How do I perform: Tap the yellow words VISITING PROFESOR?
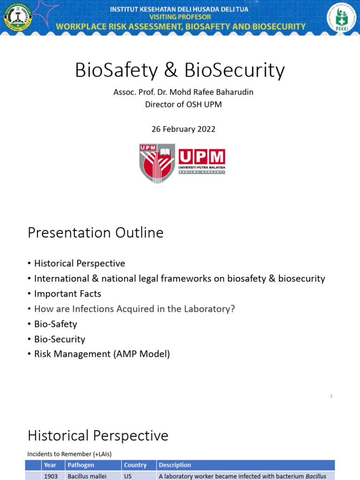(180, 17)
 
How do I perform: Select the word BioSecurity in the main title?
(234, 70)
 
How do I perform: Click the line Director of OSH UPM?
(183, 105)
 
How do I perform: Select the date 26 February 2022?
(183, 129)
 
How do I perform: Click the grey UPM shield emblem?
(157, 163)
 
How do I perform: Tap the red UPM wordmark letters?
(202, 157)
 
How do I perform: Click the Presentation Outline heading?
(96, 232)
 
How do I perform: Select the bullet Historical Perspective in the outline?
(79, 263)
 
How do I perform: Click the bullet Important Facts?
(67, 293)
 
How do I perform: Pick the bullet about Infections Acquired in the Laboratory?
(134, 308)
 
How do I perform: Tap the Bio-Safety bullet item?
(55, 324)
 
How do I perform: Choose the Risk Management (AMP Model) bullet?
(102, 354)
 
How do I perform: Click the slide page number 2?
(331, 396)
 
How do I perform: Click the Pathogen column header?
(81, 465)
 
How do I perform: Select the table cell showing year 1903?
(51, 476)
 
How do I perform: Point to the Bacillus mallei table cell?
(87, 476)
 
